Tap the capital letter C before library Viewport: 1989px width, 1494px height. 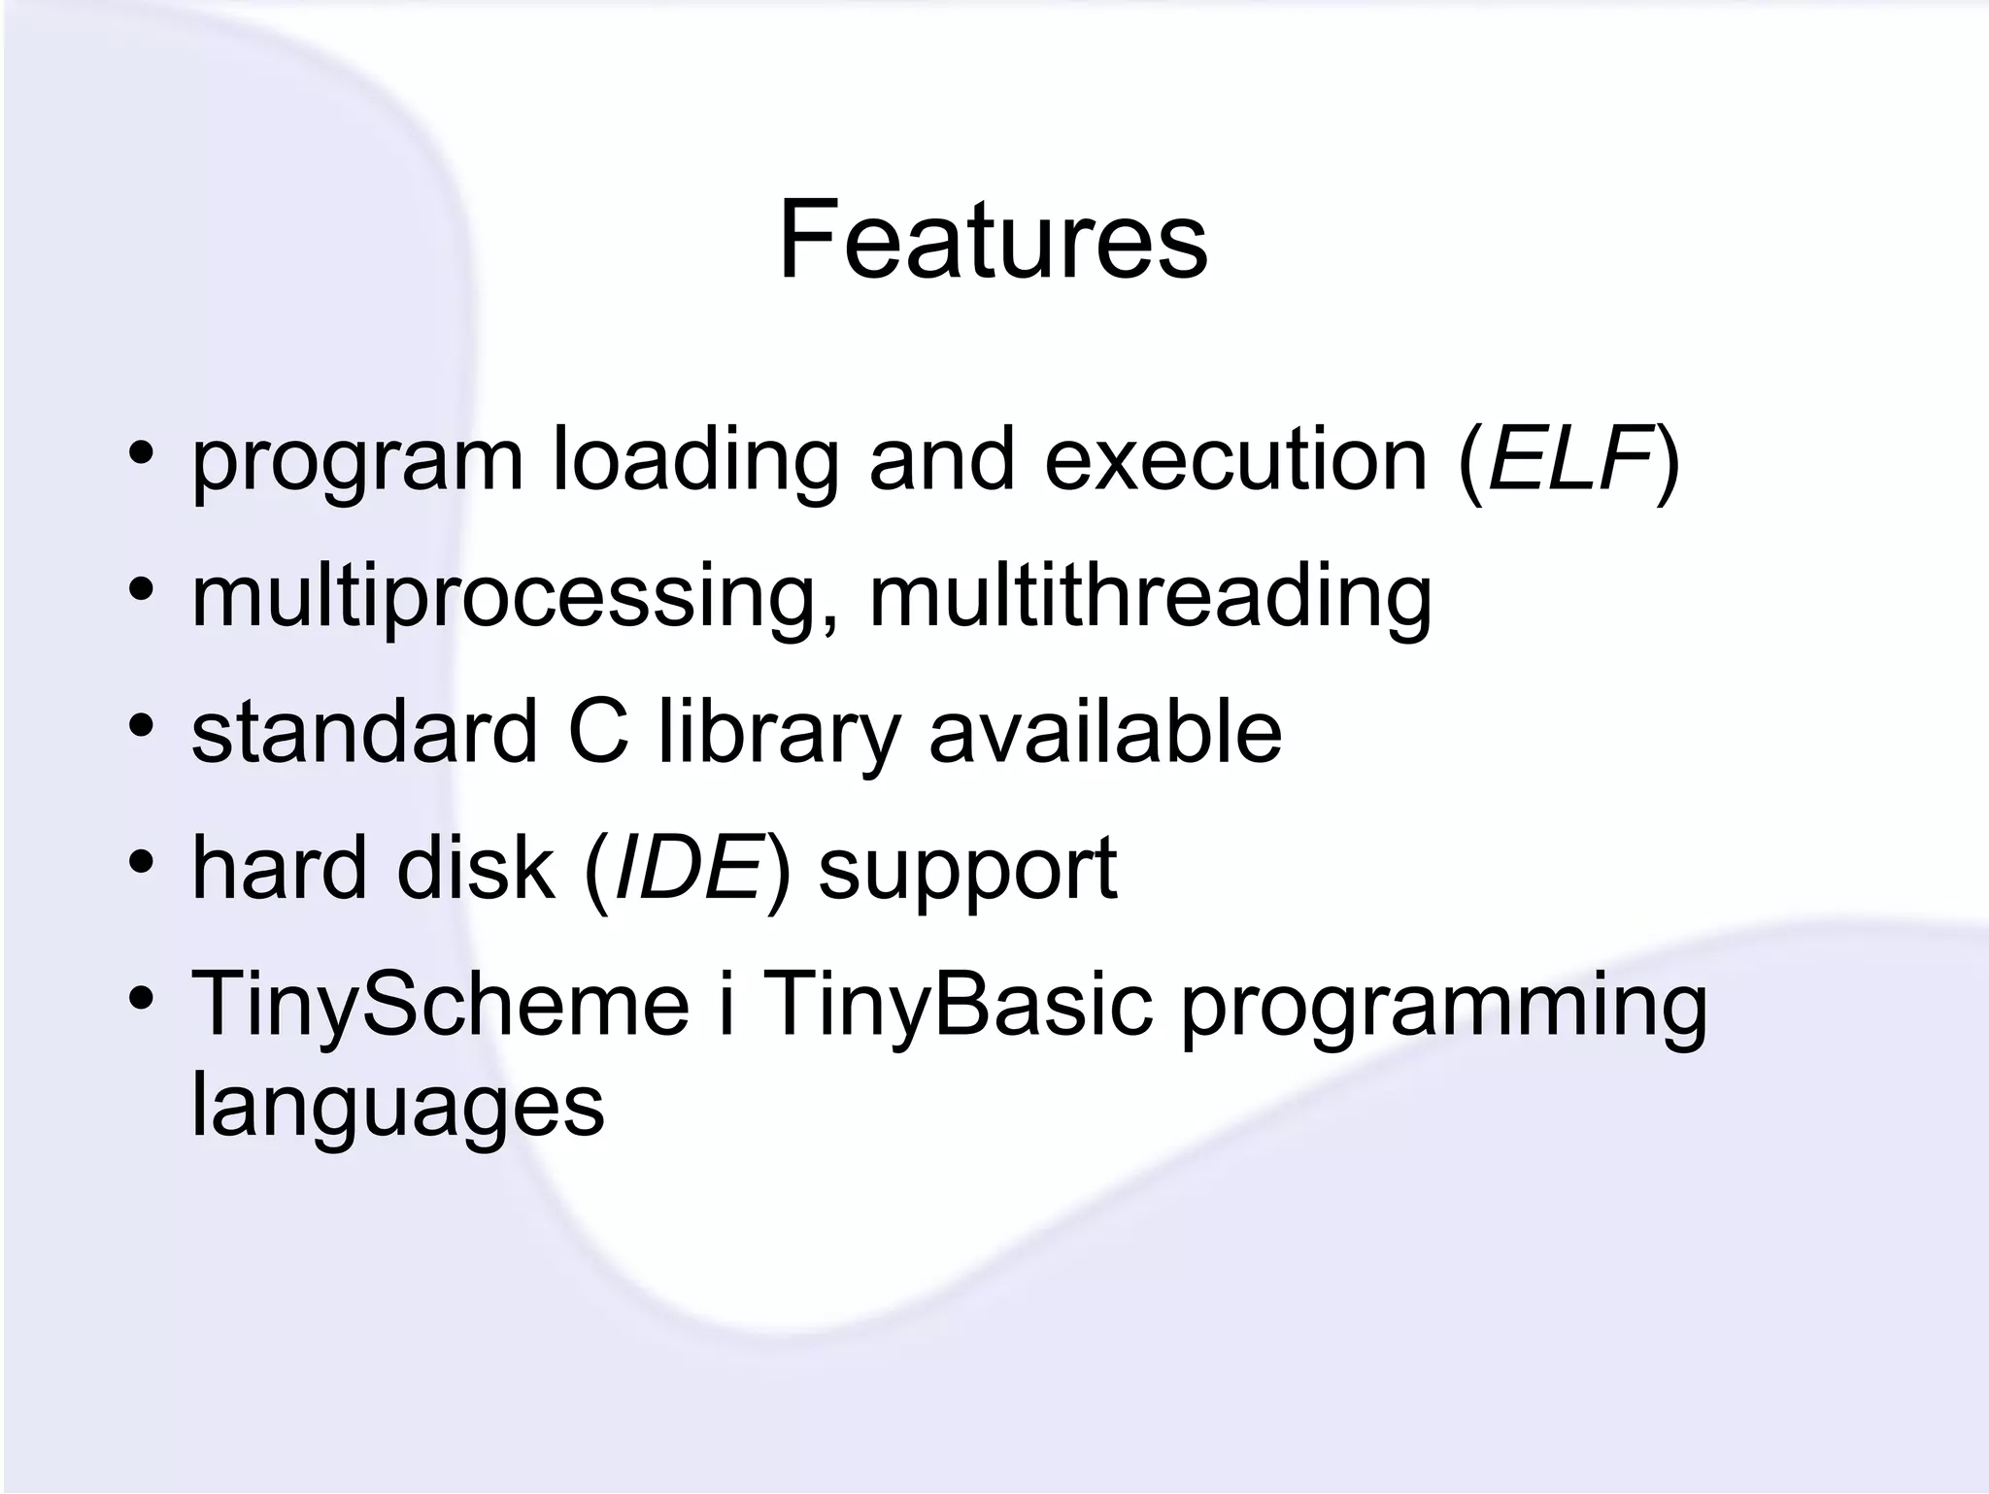597,731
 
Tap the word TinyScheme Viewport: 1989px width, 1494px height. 440,1004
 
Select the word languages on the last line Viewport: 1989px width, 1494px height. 397,1108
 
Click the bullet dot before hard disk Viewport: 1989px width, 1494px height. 142,861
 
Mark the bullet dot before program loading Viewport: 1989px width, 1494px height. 142,453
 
